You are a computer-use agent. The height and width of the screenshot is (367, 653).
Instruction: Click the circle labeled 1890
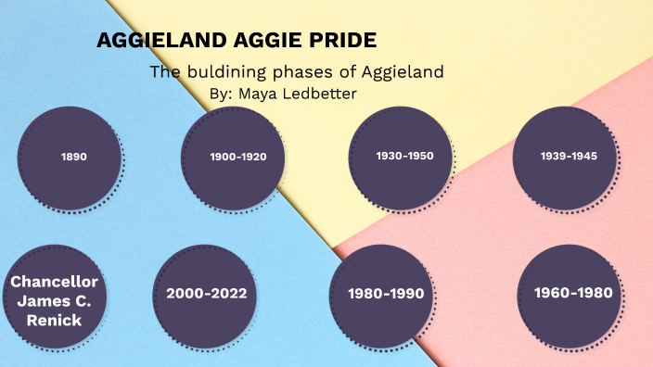tap(73, 158)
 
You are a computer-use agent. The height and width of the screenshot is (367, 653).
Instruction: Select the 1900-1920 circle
tap(237, 158)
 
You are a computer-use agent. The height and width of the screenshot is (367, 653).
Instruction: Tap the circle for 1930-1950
tap(404, 157)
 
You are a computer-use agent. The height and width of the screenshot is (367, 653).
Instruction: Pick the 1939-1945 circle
tap(569, 157)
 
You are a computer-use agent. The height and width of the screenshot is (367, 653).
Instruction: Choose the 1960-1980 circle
tap(572, 294)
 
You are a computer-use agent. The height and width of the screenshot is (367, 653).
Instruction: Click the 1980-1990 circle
tap(385, 295)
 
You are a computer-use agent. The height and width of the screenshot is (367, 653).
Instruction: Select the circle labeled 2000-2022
tap(206, 295)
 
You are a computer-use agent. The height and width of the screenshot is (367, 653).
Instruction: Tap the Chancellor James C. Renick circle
tap(54, 299)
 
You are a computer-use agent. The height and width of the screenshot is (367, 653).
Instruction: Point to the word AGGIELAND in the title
tap(151, 41)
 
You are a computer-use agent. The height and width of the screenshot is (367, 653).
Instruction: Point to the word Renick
tap(54, 321)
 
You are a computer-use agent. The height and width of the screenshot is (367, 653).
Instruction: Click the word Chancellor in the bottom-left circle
tap(54, 281)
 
